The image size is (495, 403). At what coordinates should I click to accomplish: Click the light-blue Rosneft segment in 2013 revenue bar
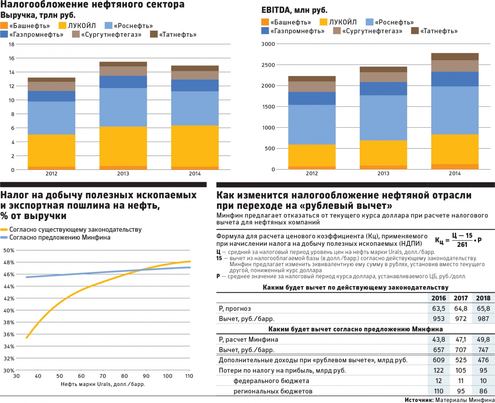click(123, 107)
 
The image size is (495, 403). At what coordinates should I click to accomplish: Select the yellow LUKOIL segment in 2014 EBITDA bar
click(455, 149)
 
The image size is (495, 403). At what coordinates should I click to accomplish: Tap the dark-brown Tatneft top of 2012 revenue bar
click(51, 80)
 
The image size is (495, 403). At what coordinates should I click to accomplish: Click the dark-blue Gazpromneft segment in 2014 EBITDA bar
click(455, 79)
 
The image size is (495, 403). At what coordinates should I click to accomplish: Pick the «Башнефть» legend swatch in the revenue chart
click(4, 26)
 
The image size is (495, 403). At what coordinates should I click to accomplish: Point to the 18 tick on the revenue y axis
click(11, 44)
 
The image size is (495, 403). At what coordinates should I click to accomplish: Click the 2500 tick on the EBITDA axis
click(268, 65)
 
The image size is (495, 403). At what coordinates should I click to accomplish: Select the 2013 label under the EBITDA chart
click(383, 174)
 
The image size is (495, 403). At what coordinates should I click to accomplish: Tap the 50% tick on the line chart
click(9, 250)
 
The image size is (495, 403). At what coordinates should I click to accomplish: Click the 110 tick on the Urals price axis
click(189, 376)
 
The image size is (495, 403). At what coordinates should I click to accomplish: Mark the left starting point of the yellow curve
click(27, 338)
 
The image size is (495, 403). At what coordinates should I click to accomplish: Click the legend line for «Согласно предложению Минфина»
click(4, 237)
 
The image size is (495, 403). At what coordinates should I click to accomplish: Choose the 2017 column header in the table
click(461, 298)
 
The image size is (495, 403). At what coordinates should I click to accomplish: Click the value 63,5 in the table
click(438, 309)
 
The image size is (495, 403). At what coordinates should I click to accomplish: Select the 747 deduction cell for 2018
click(483, 350)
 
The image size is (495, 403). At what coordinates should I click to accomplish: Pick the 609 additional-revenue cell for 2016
click(438, 360)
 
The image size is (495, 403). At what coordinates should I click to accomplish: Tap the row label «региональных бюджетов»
click(273, 391)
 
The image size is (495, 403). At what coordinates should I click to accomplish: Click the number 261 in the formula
click(462, 245)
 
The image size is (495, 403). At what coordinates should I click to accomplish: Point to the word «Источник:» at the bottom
click(419, 400)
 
